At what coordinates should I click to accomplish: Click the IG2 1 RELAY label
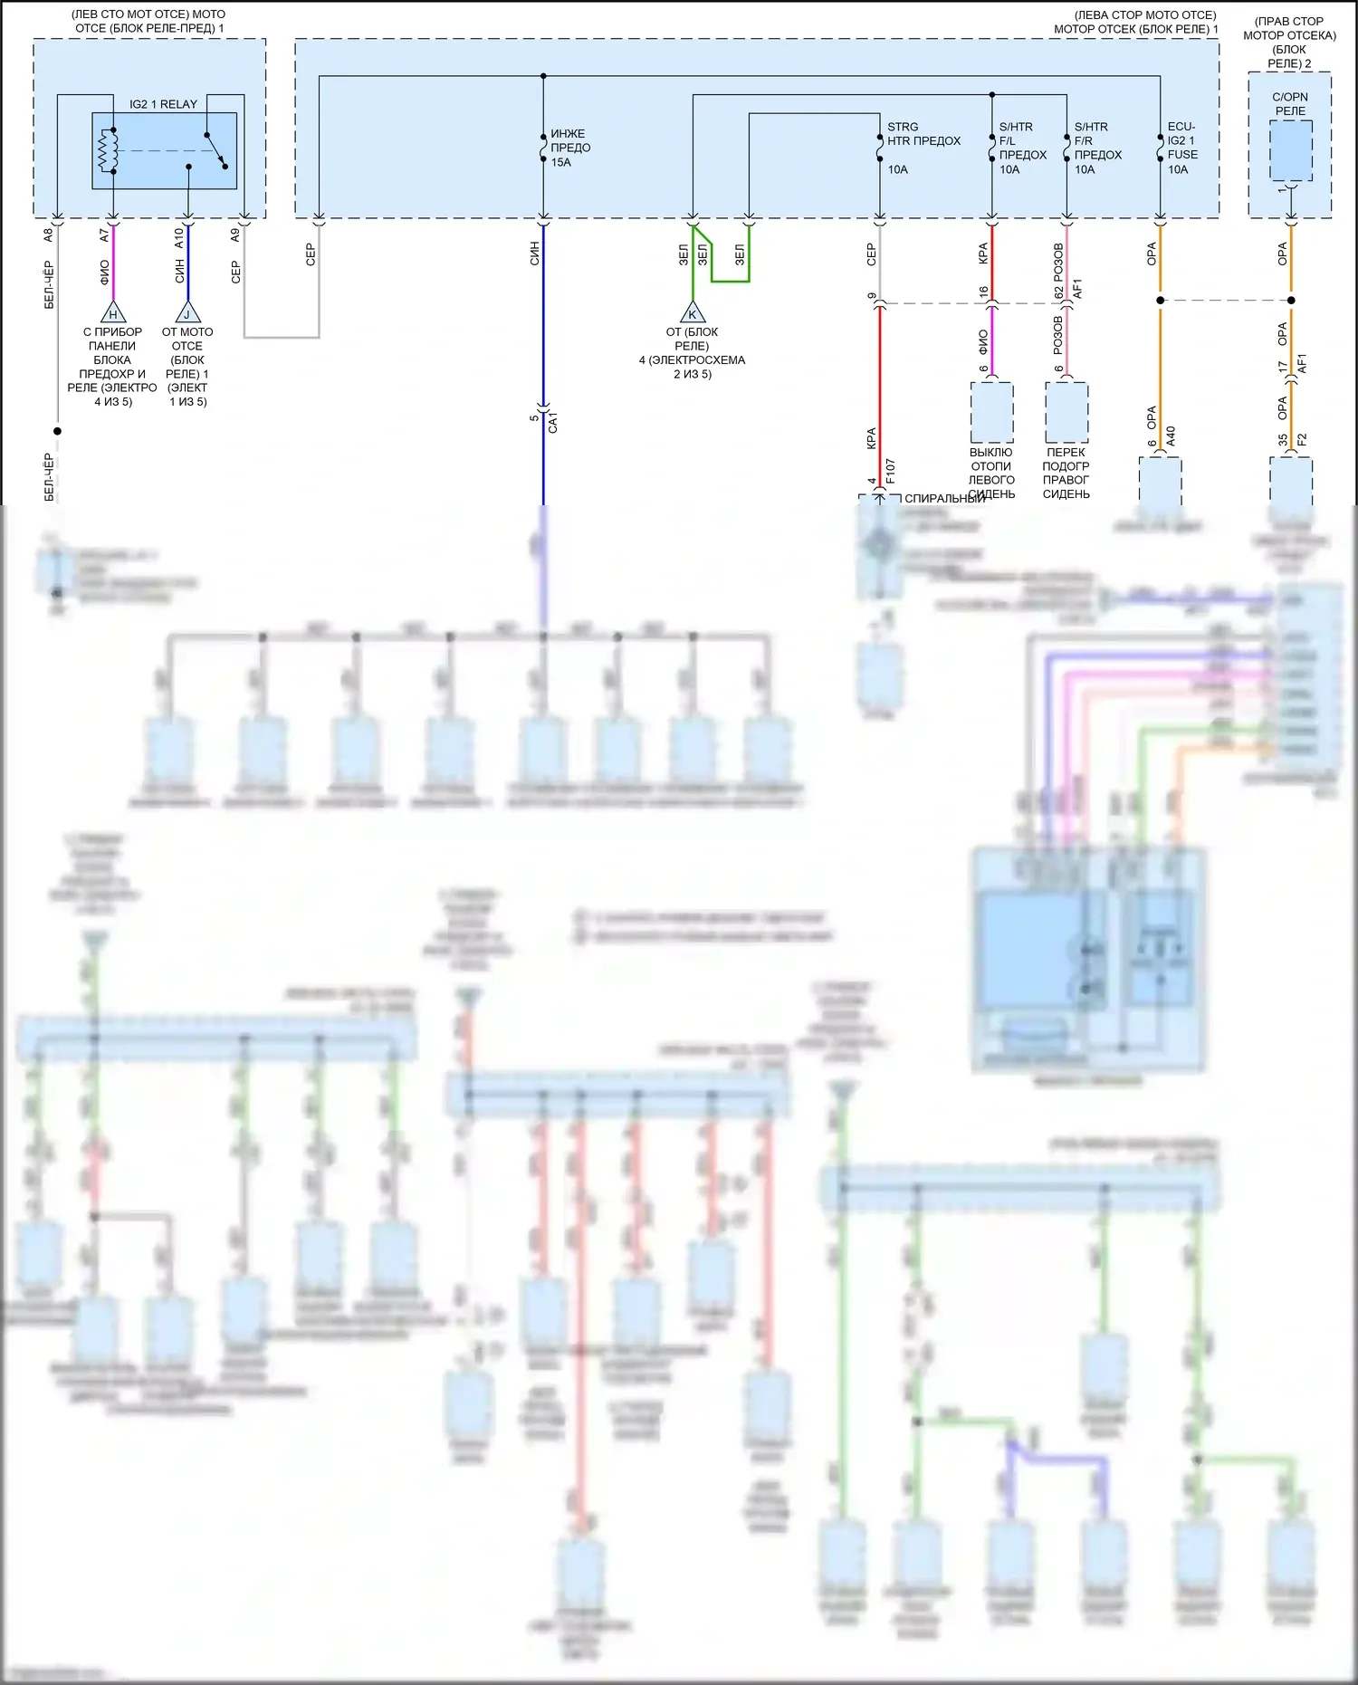pos(163,104)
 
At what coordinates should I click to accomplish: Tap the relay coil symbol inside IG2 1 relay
pos(109,150)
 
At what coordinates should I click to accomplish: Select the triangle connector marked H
pos(113,313)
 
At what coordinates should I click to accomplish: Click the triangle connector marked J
pos(187,313)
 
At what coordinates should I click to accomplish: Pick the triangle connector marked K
pos(693,313)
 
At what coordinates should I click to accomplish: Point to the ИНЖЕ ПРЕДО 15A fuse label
pos(570,148)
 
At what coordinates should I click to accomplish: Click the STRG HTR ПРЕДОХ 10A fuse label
pos(923,148)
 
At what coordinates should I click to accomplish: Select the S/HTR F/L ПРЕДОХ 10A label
pos(1022,148)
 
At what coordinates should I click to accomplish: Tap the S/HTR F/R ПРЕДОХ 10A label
pos(1097,148)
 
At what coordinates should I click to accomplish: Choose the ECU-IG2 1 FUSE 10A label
pos(1182,148)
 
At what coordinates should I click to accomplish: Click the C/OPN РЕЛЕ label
pos(1290,104)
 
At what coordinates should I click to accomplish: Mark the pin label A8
pos(49,235)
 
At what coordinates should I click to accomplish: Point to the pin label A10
pos(179,237)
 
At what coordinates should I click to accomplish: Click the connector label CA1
pos(553,422)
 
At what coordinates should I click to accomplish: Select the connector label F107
pos(891,471)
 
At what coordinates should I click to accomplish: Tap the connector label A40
pos(1171,436)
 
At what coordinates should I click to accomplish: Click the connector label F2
pos(1302,440)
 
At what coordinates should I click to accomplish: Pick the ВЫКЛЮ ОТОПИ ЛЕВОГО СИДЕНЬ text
pos(991,473)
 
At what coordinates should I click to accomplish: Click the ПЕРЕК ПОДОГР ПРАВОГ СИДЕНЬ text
pos(1066,473)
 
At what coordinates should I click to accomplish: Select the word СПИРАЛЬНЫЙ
pos(944,499)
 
